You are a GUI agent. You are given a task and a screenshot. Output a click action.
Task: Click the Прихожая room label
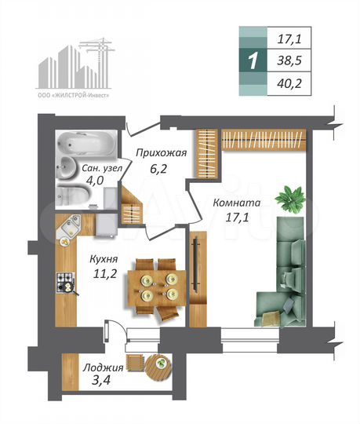click(x=161, y=153)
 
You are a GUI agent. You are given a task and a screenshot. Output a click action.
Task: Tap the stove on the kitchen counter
click(x=65, y=283)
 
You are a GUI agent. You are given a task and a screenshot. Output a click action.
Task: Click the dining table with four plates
click(x=156, y=287)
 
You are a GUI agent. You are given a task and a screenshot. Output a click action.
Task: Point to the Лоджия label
click(x=104, y=367)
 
